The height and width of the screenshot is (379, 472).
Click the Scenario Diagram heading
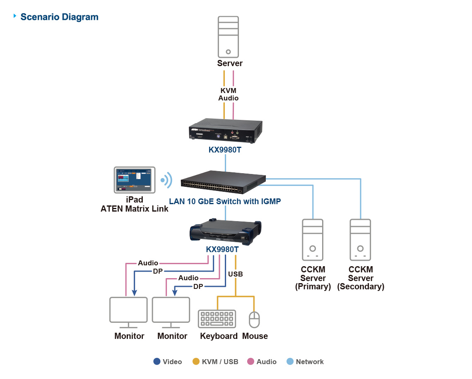tap(59, 17)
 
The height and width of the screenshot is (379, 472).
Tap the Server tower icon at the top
tap(228, 37)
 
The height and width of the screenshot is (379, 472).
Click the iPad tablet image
tap(135, 180)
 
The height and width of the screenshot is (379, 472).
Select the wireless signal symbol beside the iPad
tap(166, 180)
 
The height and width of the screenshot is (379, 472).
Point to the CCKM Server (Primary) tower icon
tap(313, 240)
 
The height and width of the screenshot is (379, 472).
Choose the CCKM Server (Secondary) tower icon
tap(360, 240)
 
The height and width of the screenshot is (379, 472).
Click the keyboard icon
tap(217, 319)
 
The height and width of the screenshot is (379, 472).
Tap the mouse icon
tap(254, 319)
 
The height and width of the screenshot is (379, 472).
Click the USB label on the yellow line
tap(235, 274)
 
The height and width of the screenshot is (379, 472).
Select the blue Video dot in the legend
tap(157, 361)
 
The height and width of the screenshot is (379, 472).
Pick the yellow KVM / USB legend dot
tap(196, 361)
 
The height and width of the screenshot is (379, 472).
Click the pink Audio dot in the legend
tap(250, 361)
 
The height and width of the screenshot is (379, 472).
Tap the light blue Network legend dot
tap(290, 361)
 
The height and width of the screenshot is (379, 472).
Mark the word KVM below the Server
tap(229, 91)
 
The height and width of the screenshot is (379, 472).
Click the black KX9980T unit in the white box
tap(226, 131)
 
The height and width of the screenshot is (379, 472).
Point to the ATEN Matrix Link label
tap(135, 209)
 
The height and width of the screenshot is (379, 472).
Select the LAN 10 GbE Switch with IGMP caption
tap(225, 202)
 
